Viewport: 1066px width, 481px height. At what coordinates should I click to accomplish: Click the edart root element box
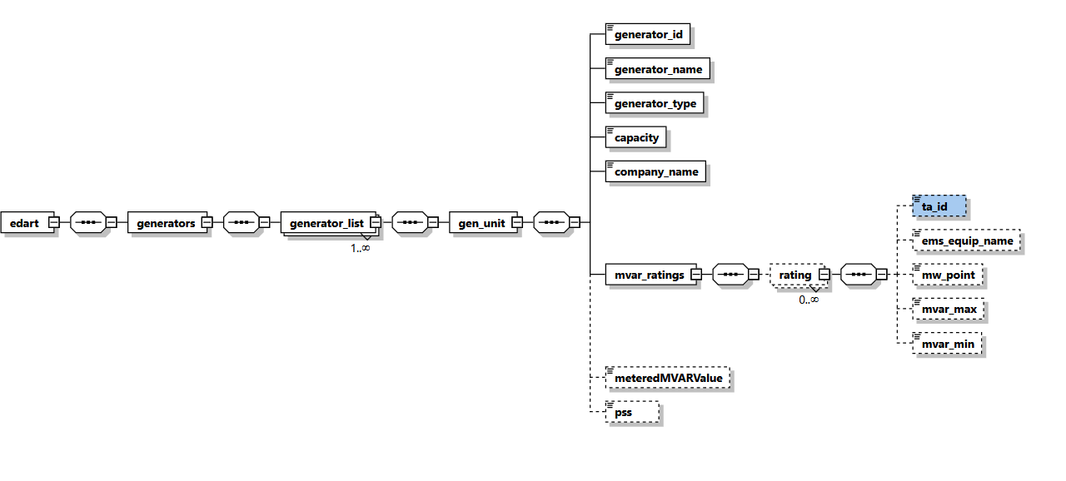coord(24,223)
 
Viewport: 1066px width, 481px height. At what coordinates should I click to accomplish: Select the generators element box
coord(166,223)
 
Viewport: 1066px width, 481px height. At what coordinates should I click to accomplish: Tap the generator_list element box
coord(326,223)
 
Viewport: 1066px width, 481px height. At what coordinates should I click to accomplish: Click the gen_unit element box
coord(480,223)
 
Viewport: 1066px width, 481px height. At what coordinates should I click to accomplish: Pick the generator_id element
coord(648,35)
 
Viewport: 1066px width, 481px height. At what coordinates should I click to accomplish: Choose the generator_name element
coord(658,69)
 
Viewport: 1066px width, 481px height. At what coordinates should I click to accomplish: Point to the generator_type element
coord(655,104)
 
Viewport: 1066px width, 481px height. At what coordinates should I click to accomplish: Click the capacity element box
coord(636,138)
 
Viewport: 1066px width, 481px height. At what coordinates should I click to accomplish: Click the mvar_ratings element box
coord(650,275)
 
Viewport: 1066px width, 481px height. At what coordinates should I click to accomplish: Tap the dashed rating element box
coord(795,275)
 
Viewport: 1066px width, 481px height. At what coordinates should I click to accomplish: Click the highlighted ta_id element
coord(939,206)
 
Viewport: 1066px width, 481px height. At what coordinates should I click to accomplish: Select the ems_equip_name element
coord(967,241)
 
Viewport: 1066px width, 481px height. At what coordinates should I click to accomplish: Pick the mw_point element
coord(948,275)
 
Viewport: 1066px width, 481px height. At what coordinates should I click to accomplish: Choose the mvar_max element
coord(949,310)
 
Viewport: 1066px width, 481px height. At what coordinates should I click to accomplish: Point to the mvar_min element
coord(948,344)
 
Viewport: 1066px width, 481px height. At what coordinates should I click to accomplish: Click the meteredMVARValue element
coord(668,379)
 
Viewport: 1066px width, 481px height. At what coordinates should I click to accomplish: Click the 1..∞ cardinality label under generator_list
coord(360,248)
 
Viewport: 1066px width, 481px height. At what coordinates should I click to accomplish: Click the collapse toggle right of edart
coord(53,223)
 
